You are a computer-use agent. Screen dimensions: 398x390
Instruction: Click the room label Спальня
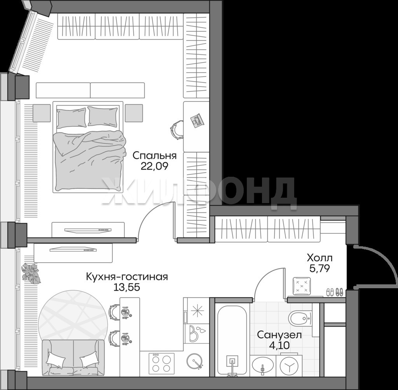(x=155, y=155)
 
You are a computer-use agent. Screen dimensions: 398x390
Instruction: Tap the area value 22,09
(x=155, y=166)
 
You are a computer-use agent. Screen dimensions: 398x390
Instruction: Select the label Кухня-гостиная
(x=127, y=277)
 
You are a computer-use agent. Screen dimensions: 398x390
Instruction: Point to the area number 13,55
(x=127, y=287)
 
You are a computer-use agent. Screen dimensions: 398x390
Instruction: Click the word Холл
(x=319, y=258)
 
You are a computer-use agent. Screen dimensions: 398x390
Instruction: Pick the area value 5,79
(x=319, y=268)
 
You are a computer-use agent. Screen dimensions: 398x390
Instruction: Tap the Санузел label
(x=279, y=335)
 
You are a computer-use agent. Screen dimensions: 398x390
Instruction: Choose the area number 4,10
(x=279, y=345)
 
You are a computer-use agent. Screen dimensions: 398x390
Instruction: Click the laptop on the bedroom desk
(x=197, y=120)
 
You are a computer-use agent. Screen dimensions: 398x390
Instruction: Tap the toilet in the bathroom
(x=300, y=319)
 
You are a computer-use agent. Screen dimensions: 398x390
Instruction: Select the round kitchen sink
(x=194, y=360)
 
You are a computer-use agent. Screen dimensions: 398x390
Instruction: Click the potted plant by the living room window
(x=31, y=273)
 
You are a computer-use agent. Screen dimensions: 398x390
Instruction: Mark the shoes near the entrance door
(x=335, y=292)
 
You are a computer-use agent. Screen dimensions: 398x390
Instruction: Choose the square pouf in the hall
(x=302, y=286)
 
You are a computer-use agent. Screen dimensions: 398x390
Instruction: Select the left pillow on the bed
(x=71, y=118)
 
